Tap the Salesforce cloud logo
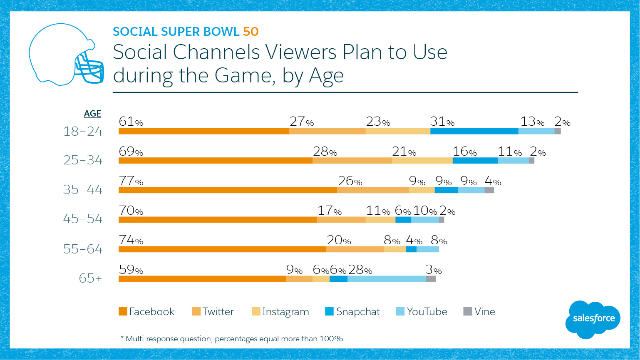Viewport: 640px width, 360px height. click(x=593, y=319)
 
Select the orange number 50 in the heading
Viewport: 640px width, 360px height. click(x=251, y=32)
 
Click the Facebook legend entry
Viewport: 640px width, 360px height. click(x=146, y=311)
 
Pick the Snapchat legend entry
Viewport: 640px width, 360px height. click(x=352, y=311)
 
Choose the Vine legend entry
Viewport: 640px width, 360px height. click(x=479, y=311)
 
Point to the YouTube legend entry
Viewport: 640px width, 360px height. click(x=422, y=311)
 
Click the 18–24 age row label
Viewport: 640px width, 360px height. click(x=83, y=132)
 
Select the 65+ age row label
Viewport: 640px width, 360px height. click(x=90, y=278)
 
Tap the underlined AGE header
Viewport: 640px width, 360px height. click(x=92, y=114)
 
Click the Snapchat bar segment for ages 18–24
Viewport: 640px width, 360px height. click(x=474, y=131)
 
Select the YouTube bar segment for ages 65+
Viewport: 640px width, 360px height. click(x=387, y=279)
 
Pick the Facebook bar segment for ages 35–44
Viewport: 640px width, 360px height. click(x=228, y=190)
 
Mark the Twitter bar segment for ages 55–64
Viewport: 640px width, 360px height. click(x=355, y=249)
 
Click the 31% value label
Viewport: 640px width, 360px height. click(x=442, y=122)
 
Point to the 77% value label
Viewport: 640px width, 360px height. click(x=131, y=181)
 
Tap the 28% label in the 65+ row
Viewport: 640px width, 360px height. click(x=360, y=270)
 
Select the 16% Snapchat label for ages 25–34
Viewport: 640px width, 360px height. click(x=465, y=151)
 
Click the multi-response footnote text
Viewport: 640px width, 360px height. click(x=233, y=339)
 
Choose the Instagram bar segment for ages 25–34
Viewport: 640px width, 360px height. click(x=422, y=161)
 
